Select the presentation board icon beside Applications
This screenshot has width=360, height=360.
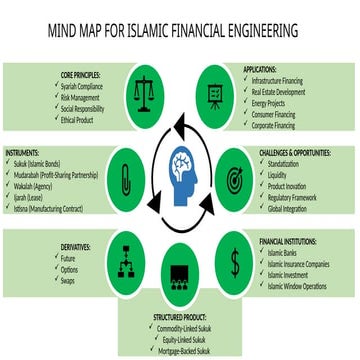[214, 94]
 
